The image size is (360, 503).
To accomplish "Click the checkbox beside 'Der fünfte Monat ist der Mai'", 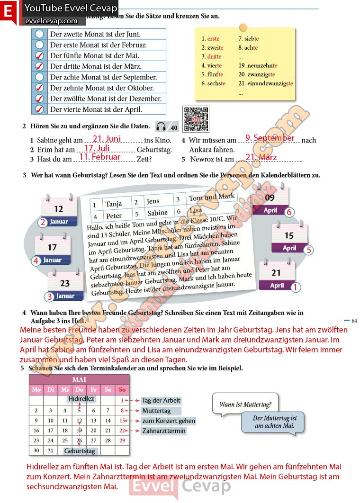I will click(x=39, y=56).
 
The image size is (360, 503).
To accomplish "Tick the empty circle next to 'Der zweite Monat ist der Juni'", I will click(x=39, y=34).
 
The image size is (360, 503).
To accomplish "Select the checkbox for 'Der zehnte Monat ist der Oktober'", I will click(x=39, y=88).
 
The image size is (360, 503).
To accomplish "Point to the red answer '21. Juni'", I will click(x=107, y=139).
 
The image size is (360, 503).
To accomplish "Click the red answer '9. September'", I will click(x=270, y=138).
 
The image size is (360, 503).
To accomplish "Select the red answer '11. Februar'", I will click(x=99, y=157).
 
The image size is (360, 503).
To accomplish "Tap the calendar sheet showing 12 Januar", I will click(x=59, y=211).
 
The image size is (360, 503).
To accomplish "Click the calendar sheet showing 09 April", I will click(x=270, y=201).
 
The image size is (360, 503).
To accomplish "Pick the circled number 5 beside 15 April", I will click(x=309, y=250).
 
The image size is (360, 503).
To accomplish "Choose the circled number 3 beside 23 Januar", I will click(x=48, y=297).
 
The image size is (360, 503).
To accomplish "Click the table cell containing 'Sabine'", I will click(x=157, y=213).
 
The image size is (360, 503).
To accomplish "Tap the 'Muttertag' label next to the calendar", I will click(x=156, y=411).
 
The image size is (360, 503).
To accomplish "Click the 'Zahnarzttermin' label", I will click(x=163, y=431).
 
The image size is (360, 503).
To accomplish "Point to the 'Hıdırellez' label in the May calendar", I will click(x=81, y=399).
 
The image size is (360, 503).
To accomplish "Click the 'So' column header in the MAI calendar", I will click(x=122, y=390).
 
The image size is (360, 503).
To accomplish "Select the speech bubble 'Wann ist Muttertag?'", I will click(x=245, y=405).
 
